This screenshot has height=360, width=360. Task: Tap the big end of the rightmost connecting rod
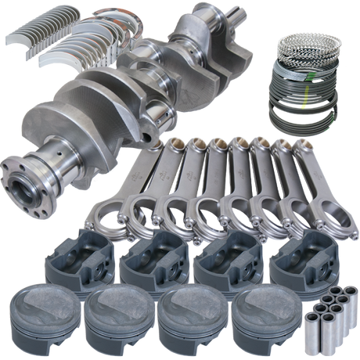(329, 214)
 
